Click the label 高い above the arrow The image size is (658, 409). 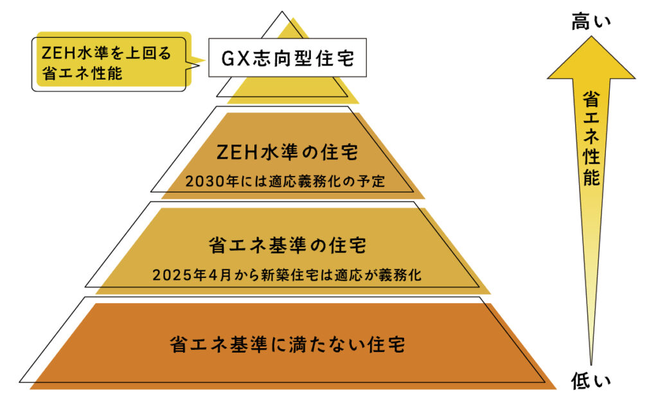pyautogui.click(x=591, y=23)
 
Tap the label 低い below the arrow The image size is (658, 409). pyautogui.click(x=591, y=383)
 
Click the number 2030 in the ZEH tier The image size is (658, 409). pyautogui.click(x=199, y=181)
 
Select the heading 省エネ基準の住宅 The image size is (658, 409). pyautogui.click(x=287, y=246)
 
